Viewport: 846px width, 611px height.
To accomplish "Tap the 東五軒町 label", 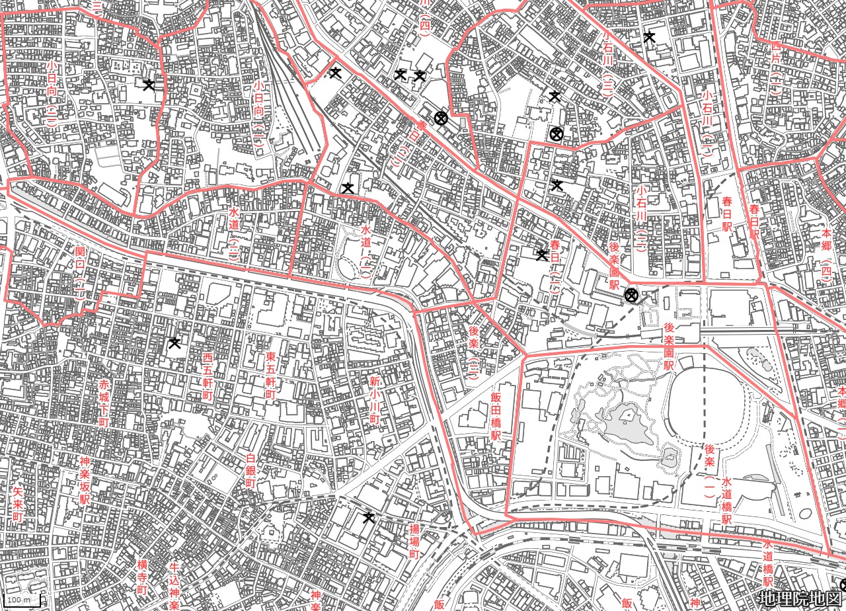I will pyautogui.click(x=270, y=375).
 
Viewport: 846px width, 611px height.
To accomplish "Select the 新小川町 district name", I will pyautogui.click(x=373, y=401).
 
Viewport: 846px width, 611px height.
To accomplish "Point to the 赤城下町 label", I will pyautogui.click(x=104, y=403).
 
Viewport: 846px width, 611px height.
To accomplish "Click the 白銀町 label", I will pyautogui.click(x=250, y=470).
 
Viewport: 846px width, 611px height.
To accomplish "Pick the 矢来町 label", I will pyautogui.click(x=18, y=504).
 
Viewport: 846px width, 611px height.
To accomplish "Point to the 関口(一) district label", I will pyautogui.click(x=80, y=272).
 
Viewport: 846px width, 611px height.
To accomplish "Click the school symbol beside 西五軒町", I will pyautogui.click(x=174, y=343).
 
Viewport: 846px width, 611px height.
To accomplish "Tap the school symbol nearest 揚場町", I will pyautogui.click(x=369, y=516).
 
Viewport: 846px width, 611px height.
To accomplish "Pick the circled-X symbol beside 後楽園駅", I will pyautogui.click(x=632, y=295).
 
